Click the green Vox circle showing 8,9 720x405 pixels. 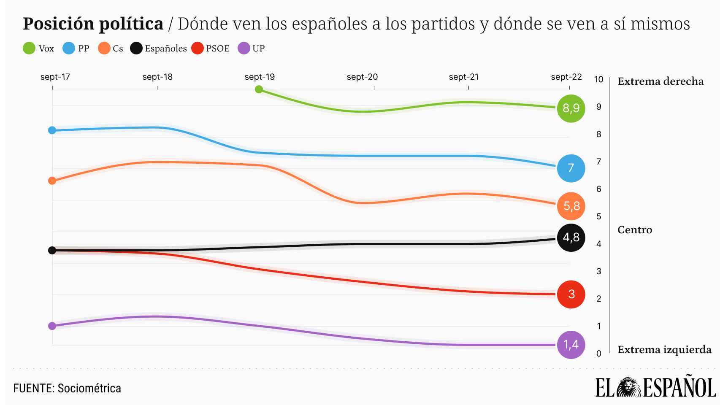[x=571, y=108]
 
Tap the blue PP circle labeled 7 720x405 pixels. [x=571, y=168]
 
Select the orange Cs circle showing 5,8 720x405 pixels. [x=571, y=206]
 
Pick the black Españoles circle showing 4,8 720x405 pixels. [x=571, y=238]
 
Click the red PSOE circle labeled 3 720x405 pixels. [x=571, y=294]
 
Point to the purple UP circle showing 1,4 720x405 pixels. [x=571, y=345]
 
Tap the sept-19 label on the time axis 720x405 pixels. [x=260, y=77]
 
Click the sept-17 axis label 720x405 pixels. [x=55, y=77]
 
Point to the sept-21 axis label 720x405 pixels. [x=464, y=77]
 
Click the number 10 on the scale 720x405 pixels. [x=598, y=79]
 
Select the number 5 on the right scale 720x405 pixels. [x=598, y=216]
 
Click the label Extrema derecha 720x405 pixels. [x=660, y=81]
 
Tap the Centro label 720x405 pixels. [x=635, y=230]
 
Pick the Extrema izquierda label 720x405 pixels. [x=664, y=350]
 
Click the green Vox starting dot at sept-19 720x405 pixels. [x=259, y=89]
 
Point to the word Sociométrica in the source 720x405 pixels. [x=89, y=388]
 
